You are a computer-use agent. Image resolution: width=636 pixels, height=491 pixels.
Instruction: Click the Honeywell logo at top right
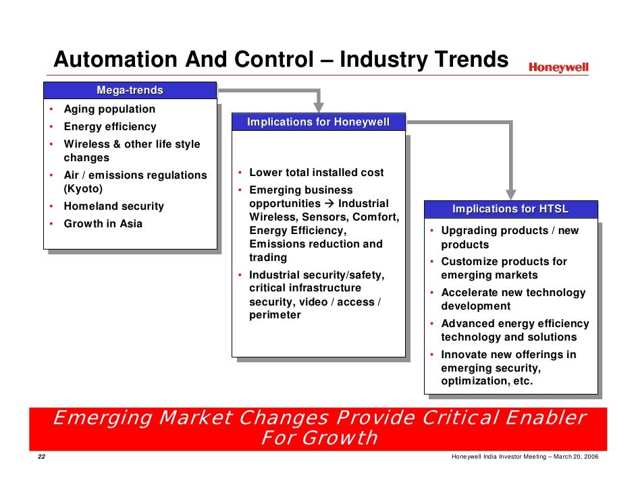tap(558, 67)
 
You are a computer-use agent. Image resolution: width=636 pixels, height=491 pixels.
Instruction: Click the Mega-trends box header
tap(130, 90)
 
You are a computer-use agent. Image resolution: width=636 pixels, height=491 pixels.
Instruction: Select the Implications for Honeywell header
tap(318, 122)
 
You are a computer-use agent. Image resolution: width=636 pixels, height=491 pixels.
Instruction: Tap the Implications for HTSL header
tap(510, 209)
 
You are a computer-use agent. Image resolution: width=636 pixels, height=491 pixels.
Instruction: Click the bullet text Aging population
tap(109, 109)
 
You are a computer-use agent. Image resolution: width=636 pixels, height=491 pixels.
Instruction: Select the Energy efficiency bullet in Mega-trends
tap(109, 127)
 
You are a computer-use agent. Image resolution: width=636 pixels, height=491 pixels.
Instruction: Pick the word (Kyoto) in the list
tap(83, 189)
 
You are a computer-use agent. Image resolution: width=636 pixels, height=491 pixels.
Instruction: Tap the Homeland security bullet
tap(113, 206)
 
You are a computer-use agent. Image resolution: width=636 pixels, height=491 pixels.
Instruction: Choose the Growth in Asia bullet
tap(103, 224)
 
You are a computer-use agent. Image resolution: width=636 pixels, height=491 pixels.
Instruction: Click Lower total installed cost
tap(316, 173)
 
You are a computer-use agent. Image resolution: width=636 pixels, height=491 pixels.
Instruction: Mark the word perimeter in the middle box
tap(275, 315)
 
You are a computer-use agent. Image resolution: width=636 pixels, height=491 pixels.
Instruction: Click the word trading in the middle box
tap(268, 258)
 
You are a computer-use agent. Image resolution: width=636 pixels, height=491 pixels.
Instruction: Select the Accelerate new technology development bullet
tap(512, 299)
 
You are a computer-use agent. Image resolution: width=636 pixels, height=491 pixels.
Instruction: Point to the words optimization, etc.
tap(486, 381)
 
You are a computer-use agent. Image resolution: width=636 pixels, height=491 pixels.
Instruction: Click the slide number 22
tap(41, 458)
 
